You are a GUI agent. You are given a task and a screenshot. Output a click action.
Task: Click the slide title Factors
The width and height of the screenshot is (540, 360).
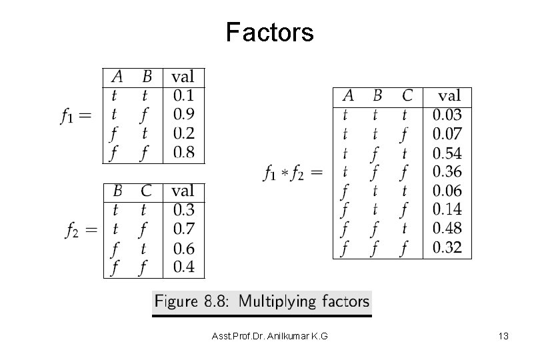pos(269,31)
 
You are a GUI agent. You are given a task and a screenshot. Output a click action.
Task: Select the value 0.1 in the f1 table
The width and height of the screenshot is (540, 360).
pos(183,95)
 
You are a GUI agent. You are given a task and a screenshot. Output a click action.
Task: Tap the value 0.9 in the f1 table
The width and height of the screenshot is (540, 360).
pos(183,115)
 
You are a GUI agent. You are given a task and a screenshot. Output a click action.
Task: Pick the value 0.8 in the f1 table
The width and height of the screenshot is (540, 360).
pos(183,153)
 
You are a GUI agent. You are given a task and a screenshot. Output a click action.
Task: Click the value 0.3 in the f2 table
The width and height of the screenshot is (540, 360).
pos(183,211)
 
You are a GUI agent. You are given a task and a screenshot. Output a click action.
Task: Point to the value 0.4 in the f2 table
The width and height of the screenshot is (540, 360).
pos(183,268)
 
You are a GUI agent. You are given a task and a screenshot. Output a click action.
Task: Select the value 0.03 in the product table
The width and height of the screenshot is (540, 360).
pos(447,115)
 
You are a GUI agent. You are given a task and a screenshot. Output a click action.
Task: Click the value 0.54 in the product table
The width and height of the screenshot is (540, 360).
pos(447,153)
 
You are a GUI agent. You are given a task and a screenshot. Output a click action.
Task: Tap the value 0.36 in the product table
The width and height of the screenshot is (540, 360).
pos(447,172)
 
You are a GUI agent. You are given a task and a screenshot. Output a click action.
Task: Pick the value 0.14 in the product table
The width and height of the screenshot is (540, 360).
pos(447,210)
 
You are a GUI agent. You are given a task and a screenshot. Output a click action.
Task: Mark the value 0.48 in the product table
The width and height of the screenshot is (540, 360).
pos(447,229)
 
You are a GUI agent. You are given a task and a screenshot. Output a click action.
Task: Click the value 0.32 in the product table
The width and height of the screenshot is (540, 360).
pos(447,249)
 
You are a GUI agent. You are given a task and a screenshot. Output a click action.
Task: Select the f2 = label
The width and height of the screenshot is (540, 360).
pos(81,231)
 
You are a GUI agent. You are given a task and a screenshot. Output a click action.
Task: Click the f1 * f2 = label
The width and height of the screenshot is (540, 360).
pos(292,173)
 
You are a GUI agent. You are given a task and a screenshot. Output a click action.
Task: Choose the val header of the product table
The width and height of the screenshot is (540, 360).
pos(451,96)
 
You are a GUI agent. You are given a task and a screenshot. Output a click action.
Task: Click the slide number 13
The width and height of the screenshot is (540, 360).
pos(503,337)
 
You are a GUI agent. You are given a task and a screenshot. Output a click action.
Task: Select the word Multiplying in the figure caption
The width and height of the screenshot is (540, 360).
pos(277,301)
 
